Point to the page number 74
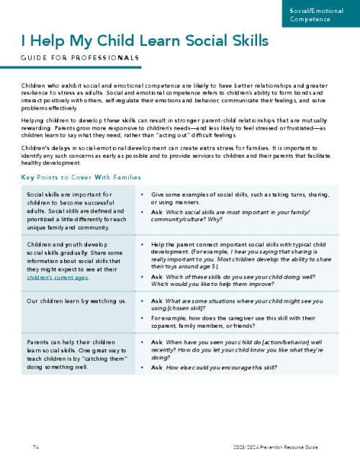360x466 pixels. pos(35,447)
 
